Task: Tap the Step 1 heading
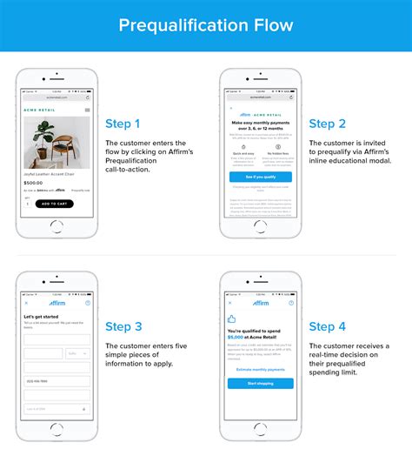(123, 124)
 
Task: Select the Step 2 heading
(327, 124)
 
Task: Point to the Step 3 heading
(123, 326)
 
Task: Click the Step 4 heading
(327, 326)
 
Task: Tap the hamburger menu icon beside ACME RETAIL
(87, 111)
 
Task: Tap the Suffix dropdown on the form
(78, 353)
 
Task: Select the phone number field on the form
(56, 381)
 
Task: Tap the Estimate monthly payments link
(260, 370)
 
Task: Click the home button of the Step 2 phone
(260, 247)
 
